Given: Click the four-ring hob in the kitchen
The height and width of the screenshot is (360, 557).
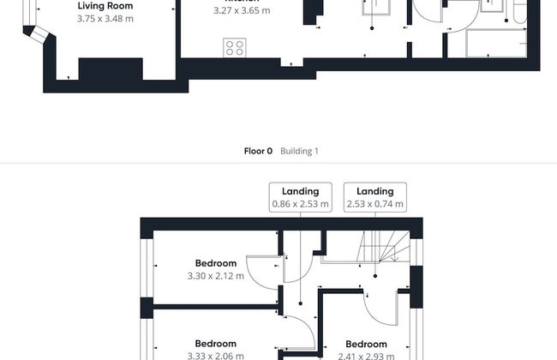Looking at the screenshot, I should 234,48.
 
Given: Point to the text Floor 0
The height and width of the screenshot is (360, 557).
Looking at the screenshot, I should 258,151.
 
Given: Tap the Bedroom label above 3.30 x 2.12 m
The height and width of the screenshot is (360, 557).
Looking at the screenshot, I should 215,263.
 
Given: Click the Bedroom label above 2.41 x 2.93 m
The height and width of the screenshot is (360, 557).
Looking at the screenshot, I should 366,345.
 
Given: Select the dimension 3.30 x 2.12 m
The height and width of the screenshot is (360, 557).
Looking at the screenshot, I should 215,276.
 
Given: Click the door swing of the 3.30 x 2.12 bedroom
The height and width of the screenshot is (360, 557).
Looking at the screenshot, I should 261,269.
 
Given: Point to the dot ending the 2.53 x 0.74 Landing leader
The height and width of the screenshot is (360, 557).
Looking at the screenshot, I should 375,277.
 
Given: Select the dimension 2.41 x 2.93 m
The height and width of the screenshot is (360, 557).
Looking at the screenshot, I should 366,356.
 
